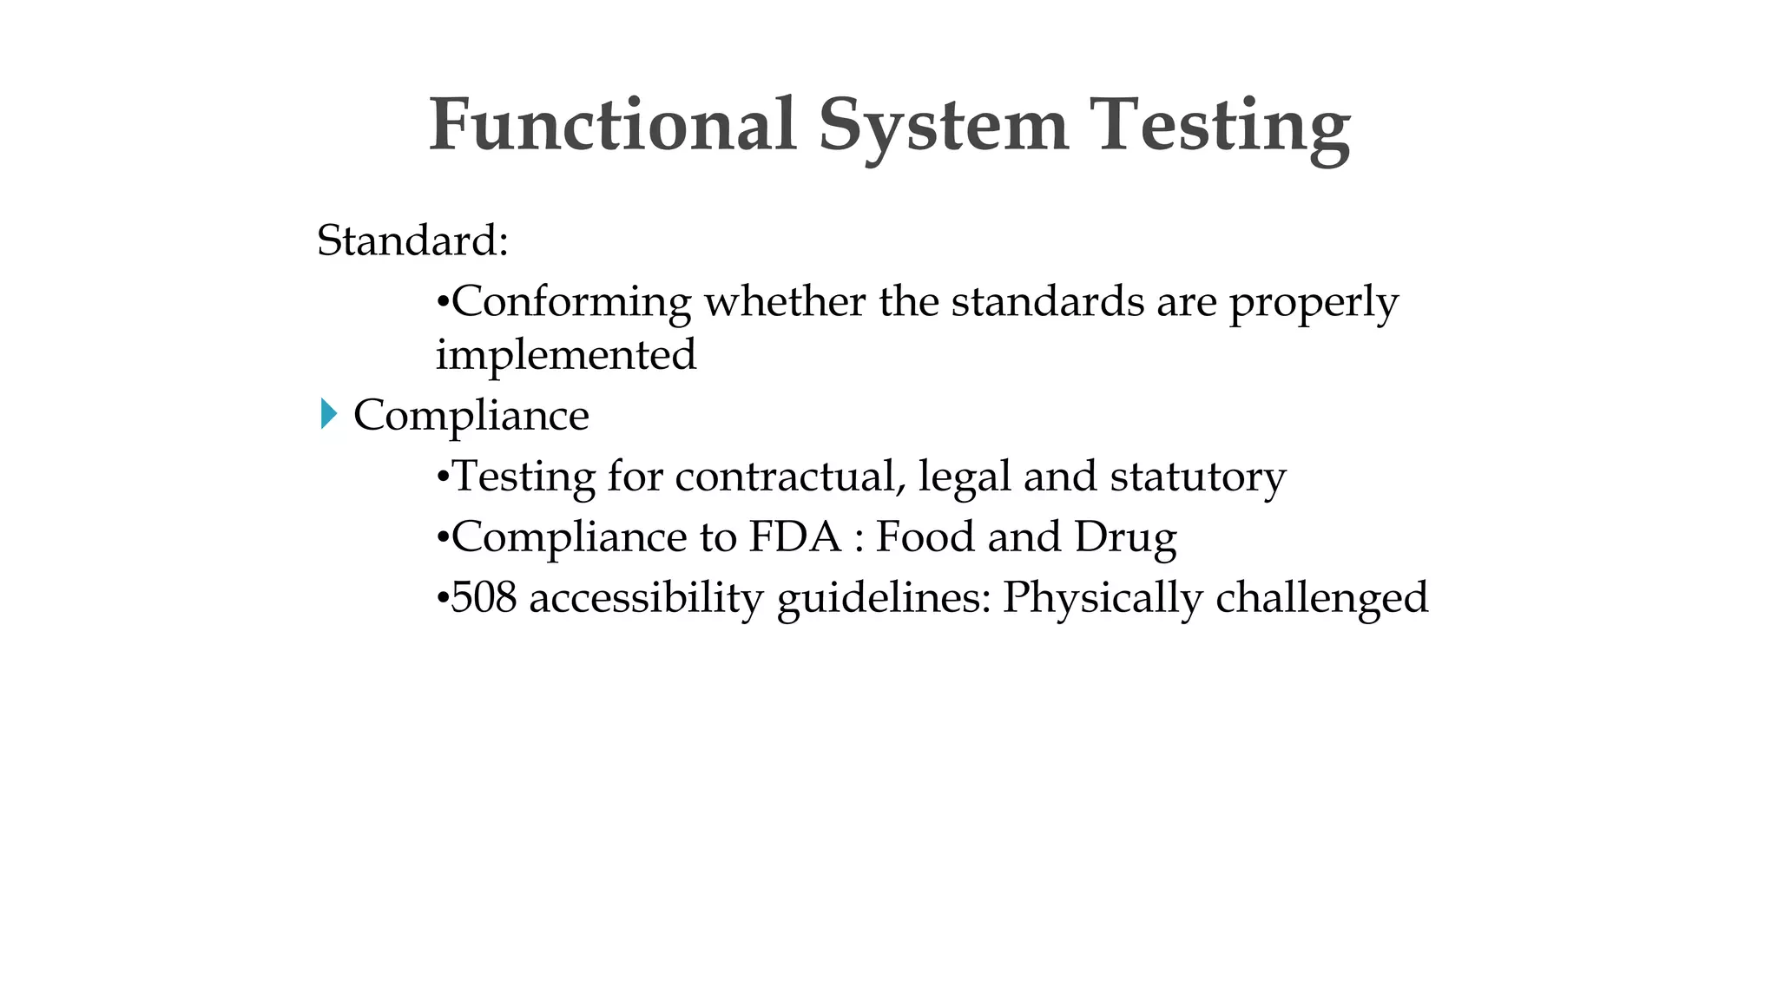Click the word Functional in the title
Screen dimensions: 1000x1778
click(612, 125)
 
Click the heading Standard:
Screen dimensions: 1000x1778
click(412, 240)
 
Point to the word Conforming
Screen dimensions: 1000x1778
click(572, 303)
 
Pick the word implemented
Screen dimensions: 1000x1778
click(566, 355)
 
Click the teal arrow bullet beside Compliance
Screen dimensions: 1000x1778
click(328, 414)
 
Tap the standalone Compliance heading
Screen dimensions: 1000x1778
click(471, 416)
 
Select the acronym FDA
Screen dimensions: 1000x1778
click(795, 536)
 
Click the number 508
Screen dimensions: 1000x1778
click(484, 598)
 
